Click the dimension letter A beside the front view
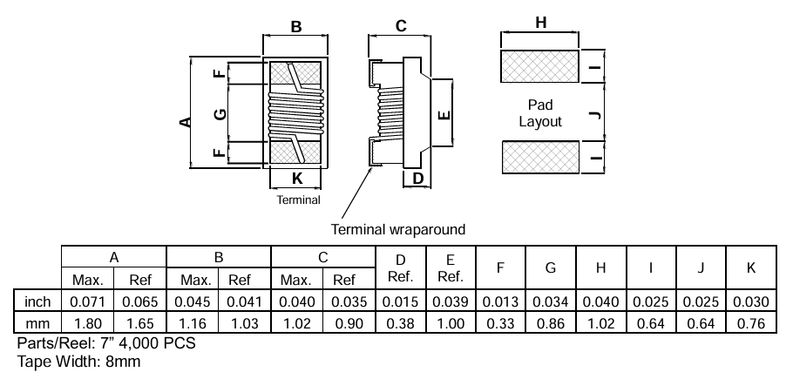point(186,121)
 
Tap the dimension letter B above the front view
point(296,27)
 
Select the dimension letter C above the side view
point(401,26)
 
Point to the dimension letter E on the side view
point(443,114)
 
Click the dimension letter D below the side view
point(417,179)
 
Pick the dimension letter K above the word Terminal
point(297,179)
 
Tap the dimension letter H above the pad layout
point(541,24)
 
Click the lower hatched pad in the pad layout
point(540,158)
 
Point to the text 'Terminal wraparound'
point(398,230)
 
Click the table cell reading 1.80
point(87,323)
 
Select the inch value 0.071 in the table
point(87,301)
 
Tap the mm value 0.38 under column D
point(401,323)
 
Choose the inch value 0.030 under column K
point(751,301)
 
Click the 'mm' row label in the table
point(37,323)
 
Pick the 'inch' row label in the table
point(37,301)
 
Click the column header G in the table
point(551,268)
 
